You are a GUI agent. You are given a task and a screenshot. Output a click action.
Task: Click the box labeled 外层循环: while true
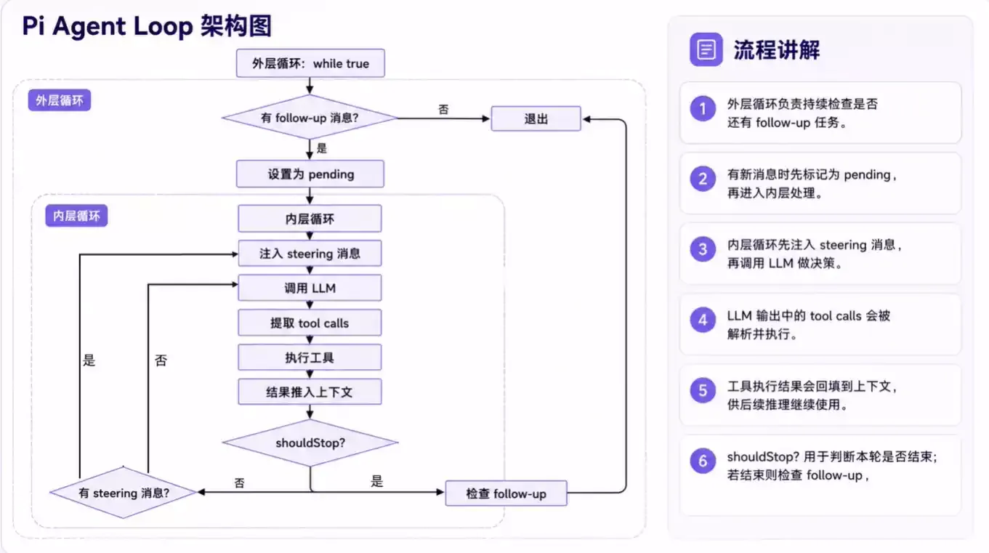tap(310, 63)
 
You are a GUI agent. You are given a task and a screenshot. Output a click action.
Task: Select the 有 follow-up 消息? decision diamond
tap(310, 118)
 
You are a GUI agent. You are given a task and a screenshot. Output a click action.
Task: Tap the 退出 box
tap(536, 118)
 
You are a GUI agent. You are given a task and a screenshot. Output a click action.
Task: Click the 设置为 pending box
tap(310, 174)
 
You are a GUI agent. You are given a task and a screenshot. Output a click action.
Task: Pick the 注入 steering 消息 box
tap(310, 253)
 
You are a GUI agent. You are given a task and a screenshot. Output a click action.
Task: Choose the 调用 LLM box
tap(310, 288)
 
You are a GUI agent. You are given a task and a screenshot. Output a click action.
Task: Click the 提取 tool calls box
tap(310, 323)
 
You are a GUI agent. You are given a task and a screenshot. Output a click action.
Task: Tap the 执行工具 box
tap(310, 358)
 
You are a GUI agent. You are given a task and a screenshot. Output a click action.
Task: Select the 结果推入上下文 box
tap(310, 392)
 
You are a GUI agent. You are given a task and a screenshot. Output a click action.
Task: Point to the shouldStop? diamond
tap(310, 443)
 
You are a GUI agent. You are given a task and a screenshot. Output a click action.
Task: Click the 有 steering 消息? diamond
tap(124, 493)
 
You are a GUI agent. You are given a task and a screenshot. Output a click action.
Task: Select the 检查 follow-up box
tap(506, 493)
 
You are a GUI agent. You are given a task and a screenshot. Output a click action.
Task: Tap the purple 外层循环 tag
tap(60, 100)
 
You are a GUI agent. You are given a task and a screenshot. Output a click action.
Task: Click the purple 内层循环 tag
tap(76, 216)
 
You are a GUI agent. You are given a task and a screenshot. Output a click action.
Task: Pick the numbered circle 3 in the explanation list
tap(703, 249)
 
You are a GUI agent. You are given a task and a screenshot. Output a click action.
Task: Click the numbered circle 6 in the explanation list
tap(703, 461)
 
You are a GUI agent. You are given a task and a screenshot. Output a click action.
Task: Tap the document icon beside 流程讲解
tap(706, 49)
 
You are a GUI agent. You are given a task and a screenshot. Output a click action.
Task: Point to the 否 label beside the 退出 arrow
tap(443, 109)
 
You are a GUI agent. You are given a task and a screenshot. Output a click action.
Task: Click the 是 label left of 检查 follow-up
tap(376, 481)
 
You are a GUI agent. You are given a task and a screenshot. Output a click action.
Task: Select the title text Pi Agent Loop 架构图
tap(147, 25)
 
